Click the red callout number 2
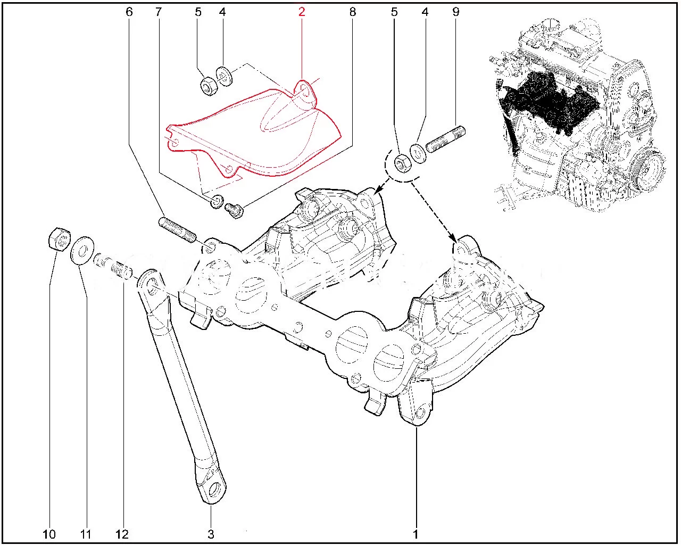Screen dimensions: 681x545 tap(302, 12)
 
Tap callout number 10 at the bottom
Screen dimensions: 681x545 tap(49, 534)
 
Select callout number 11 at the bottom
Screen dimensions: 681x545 tap(86, 534)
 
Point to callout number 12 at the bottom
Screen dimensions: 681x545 tap(122, 534)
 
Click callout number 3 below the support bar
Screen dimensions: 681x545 tap(211, 534)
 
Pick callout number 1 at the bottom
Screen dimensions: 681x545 tap(416, 534)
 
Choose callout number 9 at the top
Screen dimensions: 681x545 tap(456, 12)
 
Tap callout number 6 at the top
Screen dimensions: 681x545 tap(129, 12)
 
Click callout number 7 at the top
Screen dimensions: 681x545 tap(159, 12)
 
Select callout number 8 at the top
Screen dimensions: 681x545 tap(353, 12)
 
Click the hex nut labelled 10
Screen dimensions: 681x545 tap(59, 239)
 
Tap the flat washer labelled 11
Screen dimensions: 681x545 tap(82, 250)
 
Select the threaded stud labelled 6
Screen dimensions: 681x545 tap(178, 230)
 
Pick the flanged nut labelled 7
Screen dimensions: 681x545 tap(217, 201)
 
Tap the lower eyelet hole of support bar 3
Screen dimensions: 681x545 tap(217, 488)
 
